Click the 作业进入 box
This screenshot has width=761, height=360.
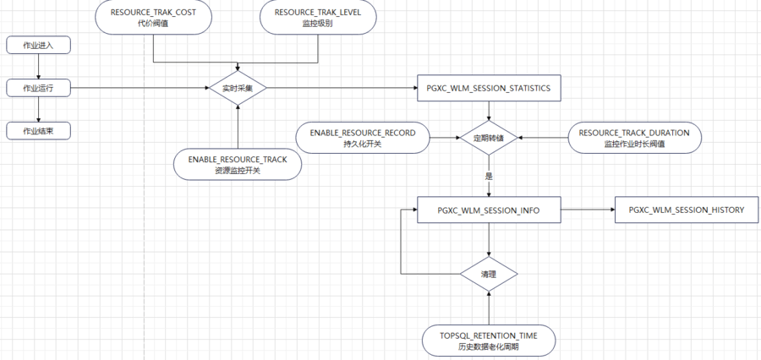tap(37, 45)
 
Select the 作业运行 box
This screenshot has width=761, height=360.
tap(37, 87)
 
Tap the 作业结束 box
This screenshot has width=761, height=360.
tap(37, 130)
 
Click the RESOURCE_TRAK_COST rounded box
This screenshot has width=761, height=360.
tap(153, 18)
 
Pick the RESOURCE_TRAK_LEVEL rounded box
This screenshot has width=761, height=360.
tap(317, 18)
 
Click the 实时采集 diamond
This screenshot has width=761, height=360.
tap(238, 87)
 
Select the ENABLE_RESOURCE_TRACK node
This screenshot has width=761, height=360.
tap(238, 164)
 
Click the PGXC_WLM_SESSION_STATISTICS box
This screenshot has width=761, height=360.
tap(488, 88)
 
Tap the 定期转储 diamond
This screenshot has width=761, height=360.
tap(488, 138)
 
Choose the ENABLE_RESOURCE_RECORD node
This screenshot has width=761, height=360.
tap(362, 138)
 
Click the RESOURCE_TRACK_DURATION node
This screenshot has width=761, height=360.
tap(634, 138)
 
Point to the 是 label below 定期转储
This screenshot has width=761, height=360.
tap(489, 177)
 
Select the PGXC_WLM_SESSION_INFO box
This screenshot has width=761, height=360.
tap(488, 210)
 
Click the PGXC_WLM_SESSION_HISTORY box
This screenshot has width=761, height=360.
tap(686, 210)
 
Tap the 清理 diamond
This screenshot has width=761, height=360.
tap(488, 275)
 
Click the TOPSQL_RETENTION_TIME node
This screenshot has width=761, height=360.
tap(488, 341)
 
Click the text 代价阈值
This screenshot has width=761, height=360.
tap(153, 24)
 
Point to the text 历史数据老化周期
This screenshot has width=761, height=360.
tap(488, 346)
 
